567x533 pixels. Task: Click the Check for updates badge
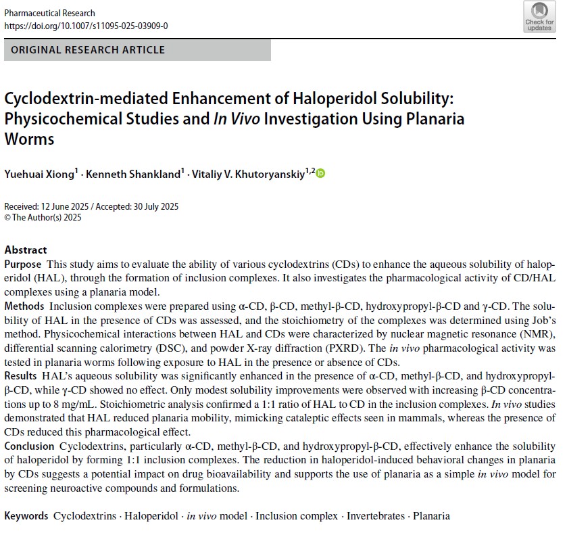tap(539, 17)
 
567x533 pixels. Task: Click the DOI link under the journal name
tap(86, 26)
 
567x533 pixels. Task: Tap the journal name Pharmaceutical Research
tap(49, 13)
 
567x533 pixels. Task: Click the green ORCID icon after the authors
tap(320, 173)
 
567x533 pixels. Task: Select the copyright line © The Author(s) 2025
tap(43, 217)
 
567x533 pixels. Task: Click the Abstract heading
tap(26, 250)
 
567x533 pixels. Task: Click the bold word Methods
tap(24, 306)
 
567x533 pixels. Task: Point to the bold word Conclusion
tap(29, 446)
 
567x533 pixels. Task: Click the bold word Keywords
tap(26, 516)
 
